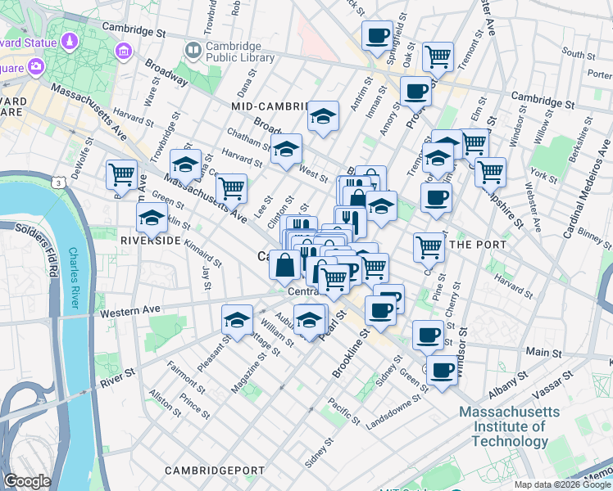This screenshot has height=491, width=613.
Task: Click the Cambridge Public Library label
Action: pyautogui.click(x=234, y=52)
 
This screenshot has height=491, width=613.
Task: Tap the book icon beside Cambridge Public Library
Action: pyautogui.click(x=193, y=51)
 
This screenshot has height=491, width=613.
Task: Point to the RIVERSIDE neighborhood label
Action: pyautogui.click(x=150, y=241)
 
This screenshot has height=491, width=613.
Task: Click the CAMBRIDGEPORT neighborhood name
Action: pyautogui.click(x=215, y=471)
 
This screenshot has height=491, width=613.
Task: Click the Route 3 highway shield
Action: pyautogui.click(x=60, y=183)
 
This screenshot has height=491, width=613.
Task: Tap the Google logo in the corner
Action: pyautogui.click(x=27, y=481)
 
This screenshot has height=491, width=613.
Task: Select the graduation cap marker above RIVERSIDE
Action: pyautogui.click(x=152, y=218)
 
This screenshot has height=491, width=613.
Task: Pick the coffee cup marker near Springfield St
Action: pyautogui.click(x=377, y=35)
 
